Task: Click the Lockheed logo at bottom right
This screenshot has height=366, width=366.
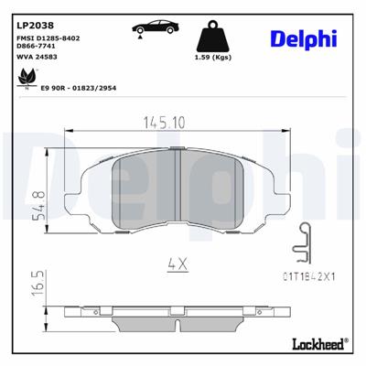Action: [314, 344]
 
